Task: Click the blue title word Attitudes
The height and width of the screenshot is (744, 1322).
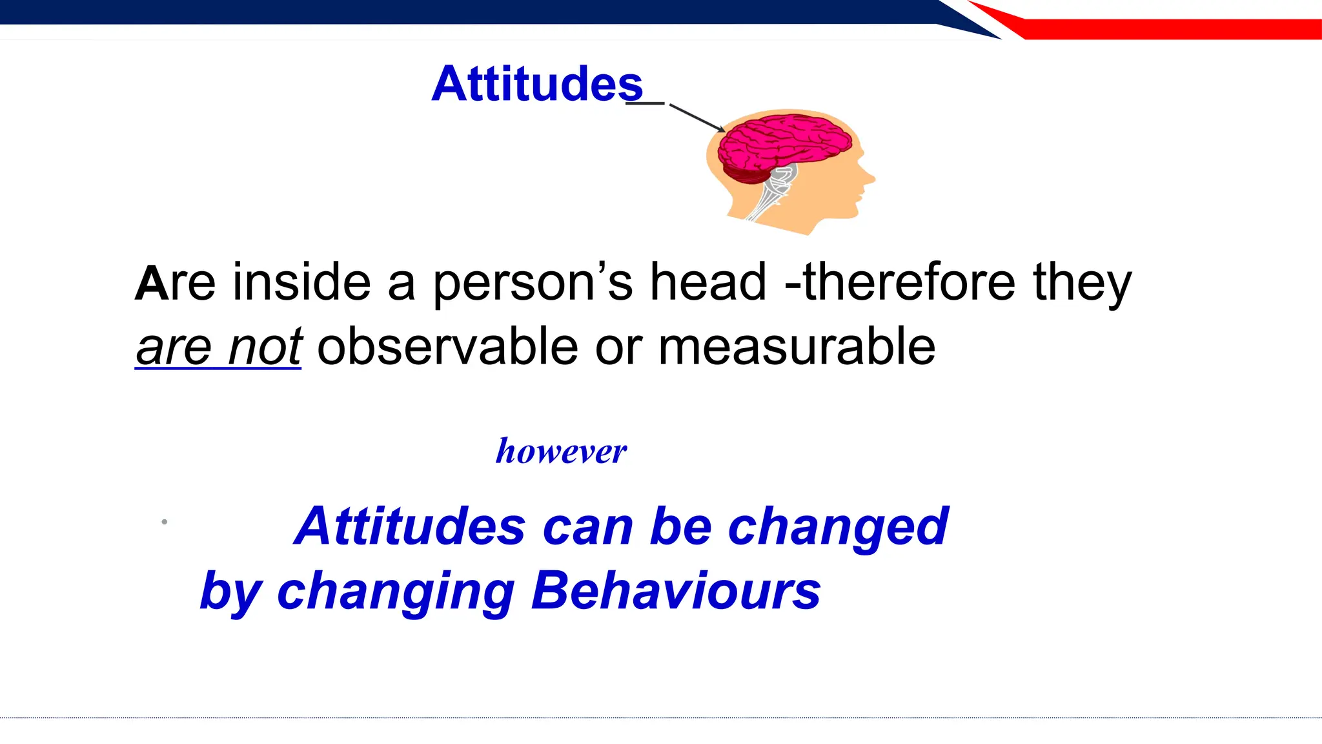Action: (537, 84)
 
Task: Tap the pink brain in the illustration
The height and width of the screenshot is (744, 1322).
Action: (784, 143)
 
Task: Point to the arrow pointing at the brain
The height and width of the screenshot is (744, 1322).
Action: (697, 118)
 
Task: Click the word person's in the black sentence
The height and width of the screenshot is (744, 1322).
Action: (533, 284)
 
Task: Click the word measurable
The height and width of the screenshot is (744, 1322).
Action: (797, 347)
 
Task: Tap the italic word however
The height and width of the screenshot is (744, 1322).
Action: (561, 451)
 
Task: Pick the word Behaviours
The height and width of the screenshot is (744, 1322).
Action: (675, 590)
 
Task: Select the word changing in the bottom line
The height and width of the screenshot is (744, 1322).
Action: (396, 592)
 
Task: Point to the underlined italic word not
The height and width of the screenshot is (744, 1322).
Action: (265, 347)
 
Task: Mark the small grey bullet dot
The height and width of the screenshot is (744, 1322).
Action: (165, 522)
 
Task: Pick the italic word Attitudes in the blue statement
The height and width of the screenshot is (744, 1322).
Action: (410, 526)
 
